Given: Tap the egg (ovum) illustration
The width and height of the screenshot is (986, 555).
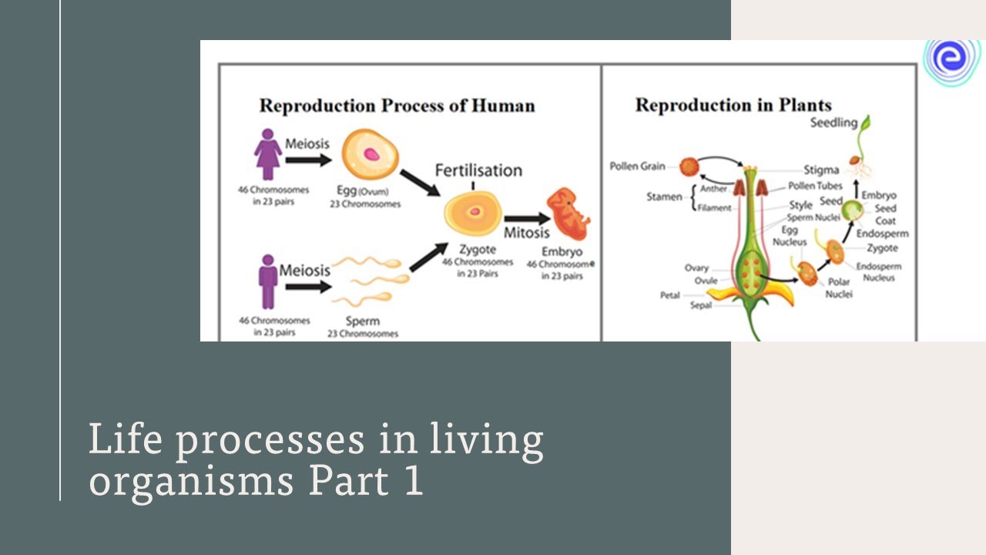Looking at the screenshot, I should pyautogui.click(x=372, y=155).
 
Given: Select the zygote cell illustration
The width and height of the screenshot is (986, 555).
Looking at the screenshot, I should pyautogui.click(x=473, y=213).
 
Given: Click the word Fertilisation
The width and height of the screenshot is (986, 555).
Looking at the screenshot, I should pyautogui.click(x=478, y=170).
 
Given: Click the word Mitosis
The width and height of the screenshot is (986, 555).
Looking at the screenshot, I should pyautogui.click(x=527, y=233).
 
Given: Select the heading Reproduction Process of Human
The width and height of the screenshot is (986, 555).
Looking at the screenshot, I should pyautogui.click(x=397, y=106).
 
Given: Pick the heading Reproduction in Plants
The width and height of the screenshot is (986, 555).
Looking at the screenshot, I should pyautogui.click(x=733, y=105).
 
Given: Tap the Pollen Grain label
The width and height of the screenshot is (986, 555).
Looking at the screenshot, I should pyautogui.click(x=638, y=166).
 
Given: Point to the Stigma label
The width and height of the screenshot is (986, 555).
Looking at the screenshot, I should pyautogui.click(x=821, y=170).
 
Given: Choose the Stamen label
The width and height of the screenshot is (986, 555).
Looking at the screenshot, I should pyautogui.click(x=664, y=197).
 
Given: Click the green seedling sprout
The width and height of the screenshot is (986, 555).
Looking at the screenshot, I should pyautogui.click(x=866, y=131).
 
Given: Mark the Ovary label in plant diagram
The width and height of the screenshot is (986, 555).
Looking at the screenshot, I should pyautogui.click(x=696, y=268).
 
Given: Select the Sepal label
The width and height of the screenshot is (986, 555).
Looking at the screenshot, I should pyautogui.click(x=702, y=305).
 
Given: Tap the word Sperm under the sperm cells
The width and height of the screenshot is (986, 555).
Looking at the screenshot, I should pyautogui.click(x=363, y=321).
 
